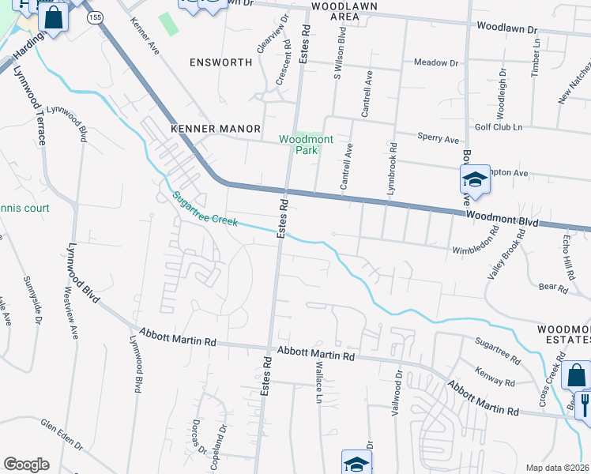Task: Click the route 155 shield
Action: pyautogui.click(x=96, y=17)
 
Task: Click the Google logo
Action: pyautogui.click(x=26, y=465)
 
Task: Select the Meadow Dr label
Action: pyautogui.click(x=436, y=62)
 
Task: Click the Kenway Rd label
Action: pyautogui.click(x=495, y=376)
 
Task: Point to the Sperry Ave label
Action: pyautogui.click(x=438, y=139)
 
